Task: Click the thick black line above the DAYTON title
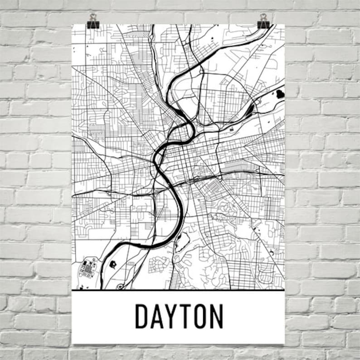(178, 290)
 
